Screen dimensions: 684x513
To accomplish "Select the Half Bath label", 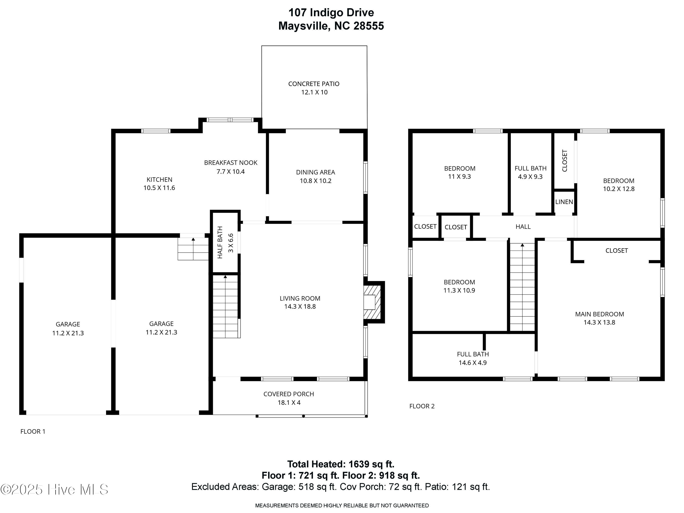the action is [x=220, y=242].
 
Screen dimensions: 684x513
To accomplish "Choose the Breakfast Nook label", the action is [x=231, y=163].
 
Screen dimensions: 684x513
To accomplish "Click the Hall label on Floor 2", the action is [x=523, y=227].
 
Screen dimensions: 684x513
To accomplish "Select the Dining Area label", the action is [x=315, y=172].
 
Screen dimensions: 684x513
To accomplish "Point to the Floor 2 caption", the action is [x=422, y=406].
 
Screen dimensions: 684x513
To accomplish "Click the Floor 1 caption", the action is [x=33, y=432].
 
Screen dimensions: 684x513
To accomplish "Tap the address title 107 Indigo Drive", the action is [x=331, y=13].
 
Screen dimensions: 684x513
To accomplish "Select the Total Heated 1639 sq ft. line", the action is [x=341, y=464].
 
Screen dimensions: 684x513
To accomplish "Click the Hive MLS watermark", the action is [x=54, y=490].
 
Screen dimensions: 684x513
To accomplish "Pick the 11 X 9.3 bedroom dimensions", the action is [x=459, y=176].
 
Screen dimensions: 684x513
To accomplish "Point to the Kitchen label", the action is [x=159, y=180].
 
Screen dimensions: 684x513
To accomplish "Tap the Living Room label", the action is [x=300, y=298].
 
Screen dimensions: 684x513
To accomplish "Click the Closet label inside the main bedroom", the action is [x=617, y=251].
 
